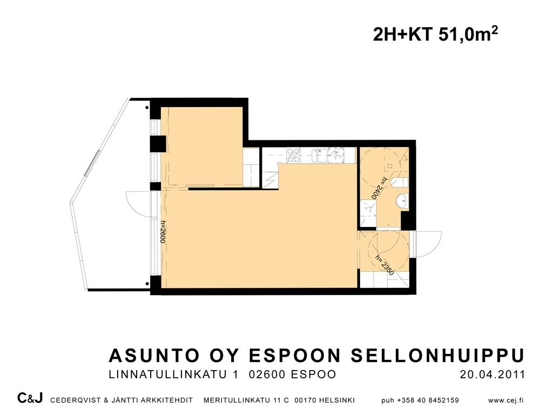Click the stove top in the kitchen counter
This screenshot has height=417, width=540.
point(293,154)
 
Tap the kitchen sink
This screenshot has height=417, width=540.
point(319,155)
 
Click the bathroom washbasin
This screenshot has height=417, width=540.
point(402,200)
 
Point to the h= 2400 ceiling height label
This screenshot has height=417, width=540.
point(379,188)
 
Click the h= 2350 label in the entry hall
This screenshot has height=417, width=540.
point(384,265)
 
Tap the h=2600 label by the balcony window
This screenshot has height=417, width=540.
point(163,232)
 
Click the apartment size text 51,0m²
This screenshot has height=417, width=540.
point(468,35)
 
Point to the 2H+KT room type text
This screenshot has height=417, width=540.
point(403,35)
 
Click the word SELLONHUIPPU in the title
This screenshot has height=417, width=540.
point(437,355)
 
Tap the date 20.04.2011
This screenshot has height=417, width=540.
point(492,375)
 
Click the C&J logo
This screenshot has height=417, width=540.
point(30,399)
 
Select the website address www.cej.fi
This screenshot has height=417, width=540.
point(506,400)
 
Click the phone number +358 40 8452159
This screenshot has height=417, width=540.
point(428,400)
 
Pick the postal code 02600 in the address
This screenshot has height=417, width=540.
point(267,375)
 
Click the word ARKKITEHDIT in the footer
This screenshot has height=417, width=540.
point(168,400)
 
